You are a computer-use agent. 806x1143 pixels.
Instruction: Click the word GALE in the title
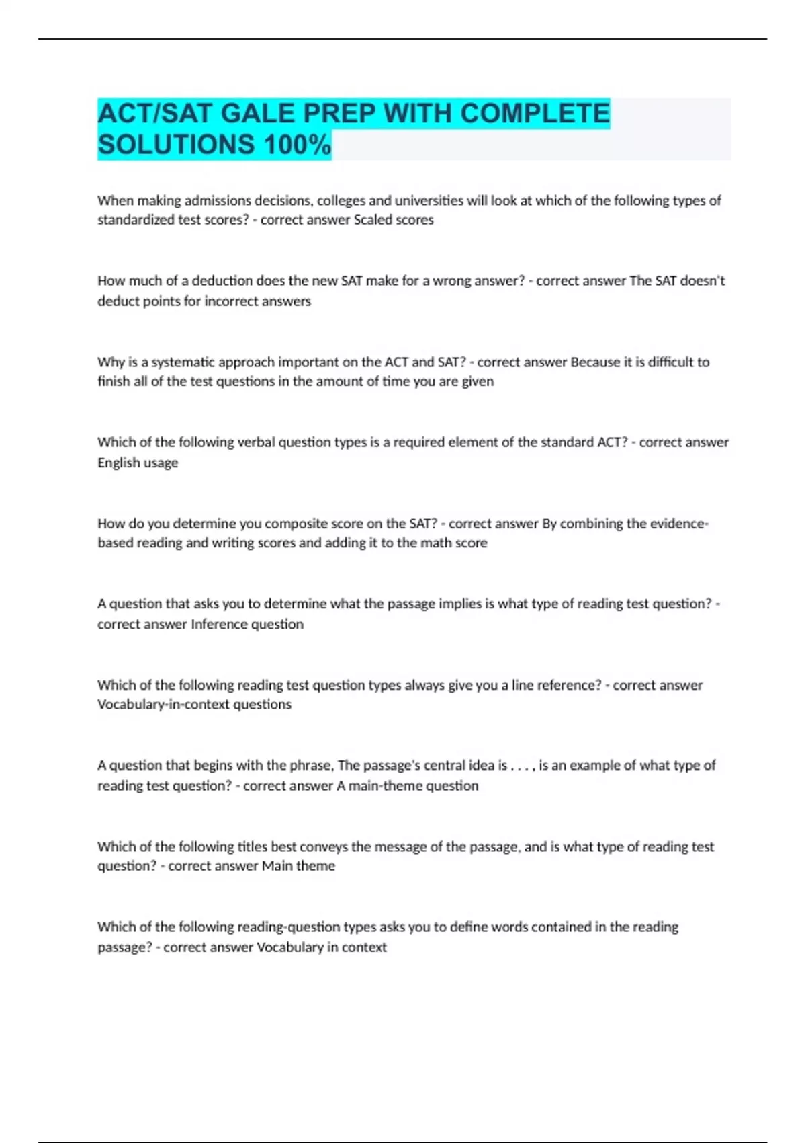[x=258, y=113]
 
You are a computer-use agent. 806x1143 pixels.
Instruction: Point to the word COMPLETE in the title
[x=535, y=113]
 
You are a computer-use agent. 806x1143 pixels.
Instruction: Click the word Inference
[x=219, y=624]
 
